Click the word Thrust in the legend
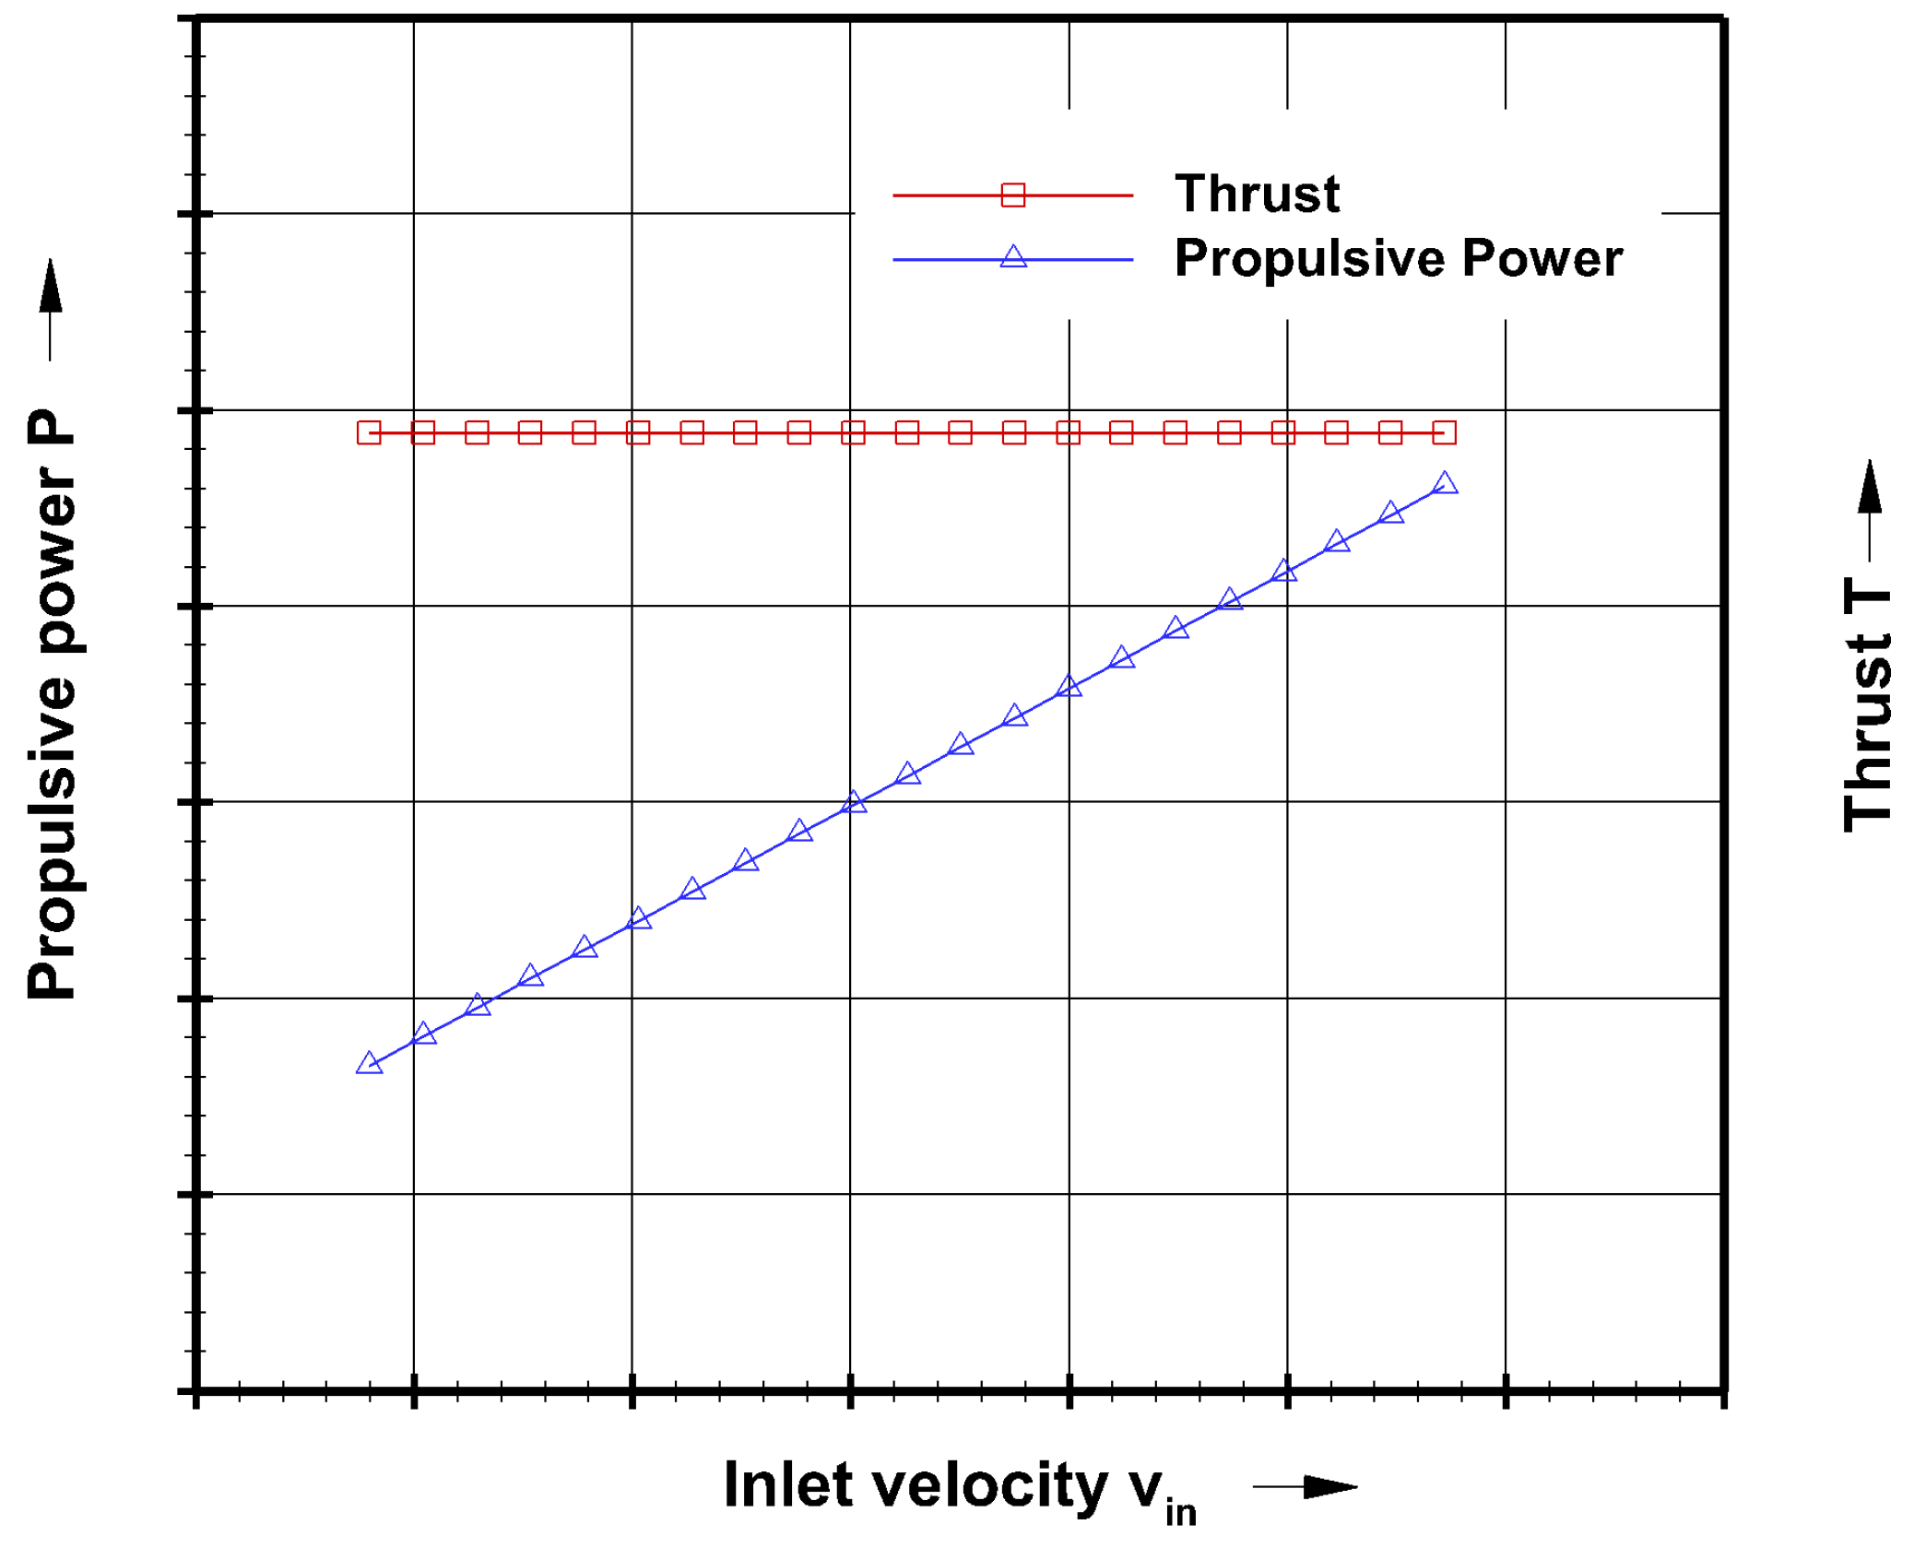(1256, 194)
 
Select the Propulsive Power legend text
(1398, 258)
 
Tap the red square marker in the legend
(1012, 195)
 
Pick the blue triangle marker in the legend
(1012, 257)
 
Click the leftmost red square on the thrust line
(369, 431)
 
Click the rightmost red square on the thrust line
(1444, 431)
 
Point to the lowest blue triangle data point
(369, 1063)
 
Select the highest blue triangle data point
(1445, 483)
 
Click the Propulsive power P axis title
(52, 705)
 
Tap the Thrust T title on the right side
(1868, 705)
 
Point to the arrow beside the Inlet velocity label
(1305, 1485)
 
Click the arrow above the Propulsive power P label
(51, 309)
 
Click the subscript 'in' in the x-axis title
(1180, 1513)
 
